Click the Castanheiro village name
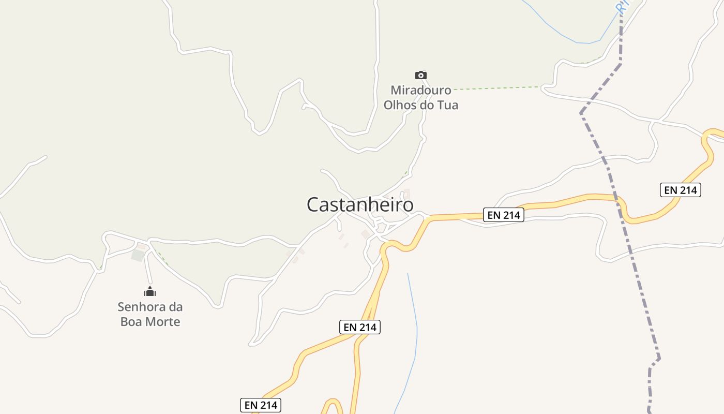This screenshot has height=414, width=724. (360, 205)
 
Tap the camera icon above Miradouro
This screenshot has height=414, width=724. (421, 76)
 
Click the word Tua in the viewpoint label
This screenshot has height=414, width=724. (448, 105)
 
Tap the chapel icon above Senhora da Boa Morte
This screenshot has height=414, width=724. (150, 292)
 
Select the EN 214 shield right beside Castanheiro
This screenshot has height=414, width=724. (504, 215)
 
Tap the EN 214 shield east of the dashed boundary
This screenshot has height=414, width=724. (681, 190)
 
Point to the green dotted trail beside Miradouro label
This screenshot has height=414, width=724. (496, 88)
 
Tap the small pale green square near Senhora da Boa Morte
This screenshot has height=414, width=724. (138, 255)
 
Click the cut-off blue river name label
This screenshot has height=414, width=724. (622, 6)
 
